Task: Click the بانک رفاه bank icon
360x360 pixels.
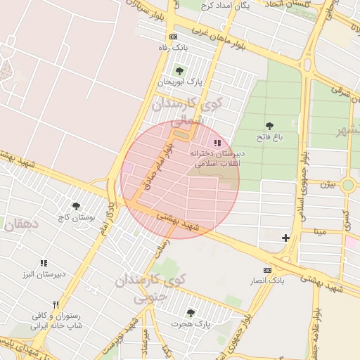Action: click(x=174, y=37)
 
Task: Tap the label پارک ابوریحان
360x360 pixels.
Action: click(x=179, y=82)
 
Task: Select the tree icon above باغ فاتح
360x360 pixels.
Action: click(x=269, y=126)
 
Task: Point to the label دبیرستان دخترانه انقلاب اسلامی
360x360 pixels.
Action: click(x=217, y=157)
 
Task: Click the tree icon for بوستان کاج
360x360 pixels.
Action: click(x=76, y=206)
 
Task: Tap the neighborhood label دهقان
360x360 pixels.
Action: click(x=20, y=225)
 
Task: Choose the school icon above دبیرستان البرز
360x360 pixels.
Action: click(x=44, y=263)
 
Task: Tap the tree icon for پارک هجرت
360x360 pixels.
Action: click(x=191, y=312)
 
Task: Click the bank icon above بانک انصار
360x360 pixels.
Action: click(x=266, y=270)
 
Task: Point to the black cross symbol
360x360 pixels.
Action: click(x=285, y=238)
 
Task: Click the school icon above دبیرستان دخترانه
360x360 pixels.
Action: click(x=217, y=142)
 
